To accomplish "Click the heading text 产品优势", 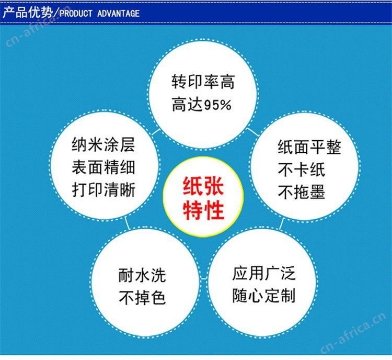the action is (x=28, y=12).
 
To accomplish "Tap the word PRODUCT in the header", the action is (x=76, y=13).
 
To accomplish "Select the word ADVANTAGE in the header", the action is (x=119, y=13).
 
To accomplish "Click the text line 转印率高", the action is (x=203, y=82).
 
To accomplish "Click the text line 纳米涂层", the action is (x=103, y=144).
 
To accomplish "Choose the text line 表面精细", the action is (x=103, y=167).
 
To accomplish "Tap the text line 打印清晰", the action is (x=103, y=189).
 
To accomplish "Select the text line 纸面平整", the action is (x=309, y=147).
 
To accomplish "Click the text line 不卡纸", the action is (x=301, y=170).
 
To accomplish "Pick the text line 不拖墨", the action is (x=301, y=192).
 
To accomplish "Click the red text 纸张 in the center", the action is (x=203, y=186).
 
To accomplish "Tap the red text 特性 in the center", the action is (x=203, y=210).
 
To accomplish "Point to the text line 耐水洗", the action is (x=142, y=275).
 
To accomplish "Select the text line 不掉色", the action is (x=142, y=298).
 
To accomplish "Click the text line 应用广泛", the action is (x=264, y=273).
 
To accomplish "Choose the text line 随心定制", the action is (x=264, y=296).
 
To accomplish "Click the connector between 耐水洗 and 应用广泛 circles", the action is (x=204, y=278).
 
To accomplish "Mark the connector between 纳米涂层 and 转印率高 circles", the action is (x=156, y=132).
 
